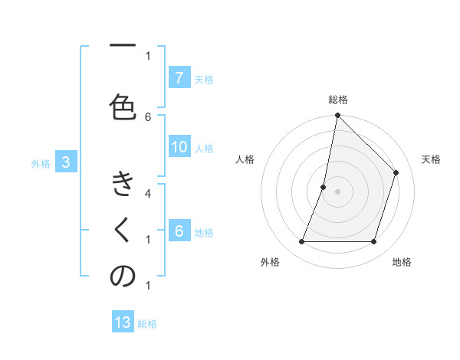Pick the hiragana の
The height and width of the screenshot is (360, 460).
[122, 278]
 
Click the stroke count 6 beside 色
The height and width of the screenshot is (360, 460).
[148, 116]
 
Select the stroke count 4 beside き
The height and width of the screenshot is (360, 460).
[148, 193]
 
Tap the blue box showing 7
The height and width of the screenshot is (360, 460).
[179, 78]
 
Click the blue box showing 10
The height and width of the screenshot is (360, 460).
[179, 147]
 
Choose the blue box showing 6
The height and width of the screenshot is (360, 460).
[179, 231]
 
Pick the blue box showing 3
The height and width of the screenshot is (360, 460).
[66, 162]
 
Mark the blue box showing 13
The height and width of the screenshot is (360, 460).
[123, 322]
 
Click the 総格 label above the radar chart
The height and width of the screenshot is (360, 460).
[338, 100]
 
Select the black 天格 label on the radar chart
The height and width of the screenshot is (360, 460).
[431, 159]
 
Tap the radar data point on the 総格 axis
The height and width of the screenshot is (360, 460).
[337, 116]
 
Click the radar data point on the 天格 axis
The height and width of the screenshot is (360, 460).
[396, 172]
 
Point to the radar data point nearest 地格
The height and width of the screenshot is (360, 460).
[373, 242]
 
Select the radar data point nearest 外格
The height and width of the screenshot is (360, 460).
[301, 242]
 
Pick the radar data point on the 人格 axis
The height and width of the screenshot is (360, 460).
[324, 187]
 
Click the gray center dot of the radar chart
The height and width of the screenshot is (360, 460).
[337, 191]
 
